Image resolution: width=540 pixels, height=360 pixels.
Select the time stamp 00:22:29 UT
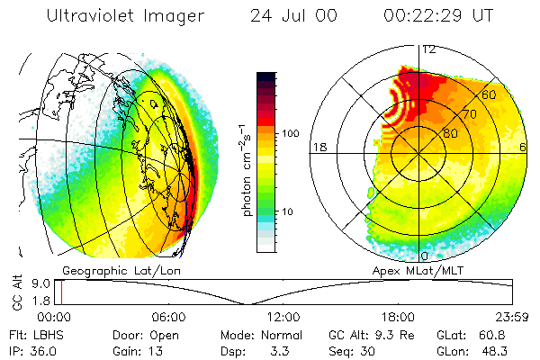pos(437,16)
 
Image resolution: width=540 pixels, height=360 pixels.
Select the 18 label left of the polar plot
pos(318,147)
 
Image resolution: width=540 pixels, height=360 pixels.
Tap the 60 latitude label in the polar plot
pos(490,94)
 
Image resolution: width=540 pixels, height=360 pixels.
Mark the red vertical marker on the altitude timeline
pos(60,292)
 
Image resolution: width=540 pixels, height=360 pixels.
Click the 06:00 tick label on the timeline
pos(168,317)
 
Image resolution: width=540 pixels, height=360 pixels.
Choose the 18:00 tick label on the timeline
pos(397,317)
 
